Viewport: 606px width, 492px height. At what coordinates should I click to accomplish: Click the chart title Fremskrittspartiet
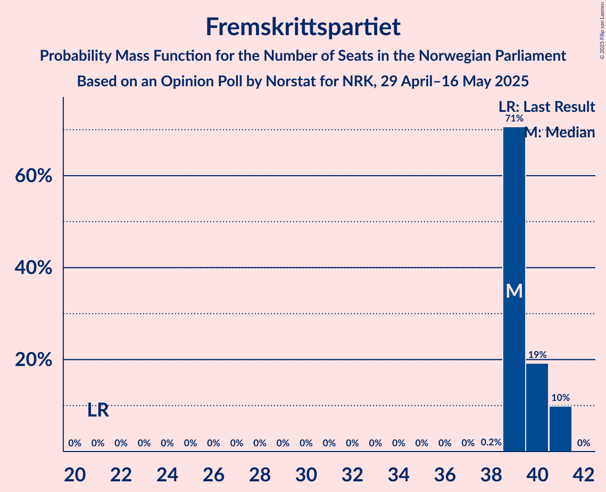(x=303, y=27)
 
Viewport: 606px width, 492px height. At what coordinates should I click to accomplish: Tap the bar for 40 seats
(x=537, y=407)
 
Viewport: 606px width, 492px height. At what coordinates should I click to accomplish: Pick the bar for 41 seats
(x=560, y=429)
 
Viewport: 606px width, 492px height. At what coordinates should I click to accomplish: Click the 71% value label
(x=514, y=118)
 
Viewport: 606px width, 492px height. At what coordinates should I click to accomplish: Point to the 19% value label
(x=537, y=355)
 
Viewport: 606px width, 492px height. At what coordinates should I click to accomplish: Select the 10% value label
(x=560, y=398)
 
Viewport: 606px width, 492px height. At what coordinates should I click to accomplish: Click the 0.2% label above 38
(x=491, y=442)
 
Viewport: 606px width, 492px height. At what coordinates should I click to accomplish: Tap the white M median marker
(x=514, y=291)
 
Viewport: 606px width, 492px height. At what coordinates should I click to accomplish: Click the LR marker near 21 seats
(x=98, y=411)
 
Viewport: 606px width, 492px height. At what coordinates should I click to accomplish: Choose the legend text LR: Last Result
(x=546, y=107)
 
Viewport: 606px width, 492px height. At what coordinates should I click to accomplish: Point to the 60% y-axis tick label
(x=33, y=176)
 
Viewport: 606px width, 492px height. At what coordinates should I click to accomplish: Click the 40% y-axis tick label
(x=33, y=268)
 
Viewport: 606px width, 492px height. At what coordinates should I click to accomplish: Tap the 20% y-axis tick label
(x=33, y=360)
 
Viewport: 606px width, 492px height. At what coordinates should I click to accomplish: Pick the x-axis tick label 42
(x=584, y=472)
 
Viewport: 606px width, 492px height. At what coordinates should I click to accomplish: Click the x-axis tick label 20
(x=75, y=472)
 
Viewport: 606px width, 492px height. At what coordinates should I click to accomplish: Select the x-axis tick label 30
(x=306, y=472)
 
